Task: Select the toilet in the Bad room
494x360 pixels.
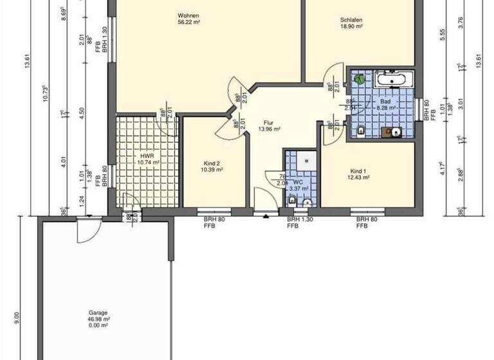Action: [x=360, y=132]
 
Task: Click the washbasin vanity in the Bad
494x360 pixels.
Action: [x=392, y=132]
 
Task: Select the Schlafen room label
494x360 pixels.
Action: [x=352, y=24]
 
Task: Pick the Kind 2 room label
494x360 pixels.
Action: [x=211, y=166]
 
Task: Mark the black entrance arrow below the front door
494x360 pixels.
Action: [x=266, y=215]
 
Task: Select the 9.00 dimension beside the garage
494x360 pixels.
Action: [x=17, y=318]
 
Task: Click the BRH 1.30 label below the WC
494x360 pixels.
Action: [x=299, y=220]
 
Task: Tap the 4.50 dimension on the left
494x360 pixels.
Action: [x=81, y=111]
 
